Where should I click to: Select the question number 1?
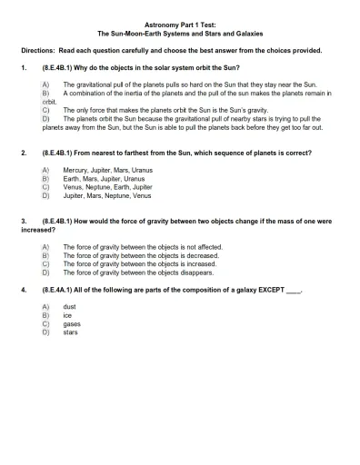(22, 68)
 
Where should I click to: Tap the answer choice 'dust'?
(70, 307)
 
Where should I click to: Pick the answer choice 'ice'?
(67, 315)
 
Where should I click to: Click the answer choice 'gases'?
(72, 323)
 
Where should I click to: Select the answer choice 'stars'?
(71, 331)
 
